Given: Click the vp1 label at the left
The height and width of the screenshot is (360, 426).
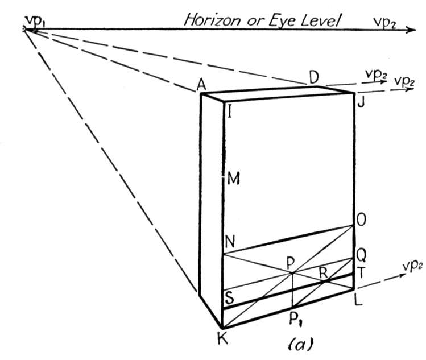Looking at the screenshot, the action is [35, 22].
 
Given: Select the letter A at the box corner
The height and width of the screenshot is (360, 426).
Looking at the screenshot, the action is [201, 85].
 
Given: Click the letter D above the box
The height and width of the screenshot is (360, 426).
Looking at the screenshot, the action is [314, 77].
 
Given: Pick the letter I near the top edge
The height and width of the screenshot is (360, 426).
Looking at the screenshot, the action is [230, 111].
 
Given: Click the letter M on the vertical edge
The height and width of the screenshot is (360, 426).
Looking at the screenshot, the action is [233, 179].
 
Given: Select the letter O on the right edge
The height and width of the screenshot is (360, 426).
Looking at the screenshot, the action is [361, 220].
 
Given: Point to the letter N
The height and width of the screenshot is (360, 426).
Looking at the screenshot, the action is [230, 241].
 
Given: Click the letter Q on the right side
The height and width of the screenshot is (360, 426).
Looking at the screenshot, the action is [361, 255].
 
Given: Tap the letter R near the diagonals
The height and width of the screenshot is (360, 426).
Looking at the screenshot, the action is [323, 272].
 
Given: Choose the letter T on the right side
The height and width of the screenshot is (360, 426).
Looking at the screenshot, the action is [361, 272].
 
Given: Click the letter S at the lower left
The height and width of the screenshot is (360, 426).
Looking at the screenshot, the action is [230, 297].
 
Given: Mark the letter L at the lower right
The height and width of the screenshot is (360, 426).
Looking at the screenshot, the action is [359, 300].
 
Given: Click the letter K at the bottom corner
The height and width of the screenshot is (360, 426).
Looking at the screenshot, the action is [222, 338].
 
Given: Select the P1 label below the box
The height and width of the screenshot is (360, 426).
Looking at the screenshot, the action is [296, 318].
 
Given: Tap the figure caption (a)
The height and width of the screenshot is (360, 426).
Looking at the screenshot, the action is [300, 344].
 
